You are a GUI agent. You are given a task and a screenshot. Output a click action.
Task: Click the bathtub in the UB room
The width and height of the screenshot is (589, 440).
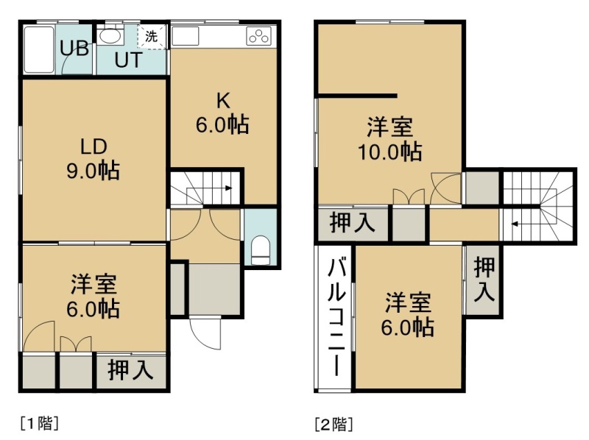39,49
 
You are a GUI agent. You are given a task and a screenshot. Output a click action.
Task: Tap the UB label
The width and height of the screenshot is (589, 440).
74,49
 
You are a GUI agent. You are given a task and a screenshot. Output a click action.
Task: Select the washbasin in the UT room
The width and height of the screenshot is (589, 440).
110,36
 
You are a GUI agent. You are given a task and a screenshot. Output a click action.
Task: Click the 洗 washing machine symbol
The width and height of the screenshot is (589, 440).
152,36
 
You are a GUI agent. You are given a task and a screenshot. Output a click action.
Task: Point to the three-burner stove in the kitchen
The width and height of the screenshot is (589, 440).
258,36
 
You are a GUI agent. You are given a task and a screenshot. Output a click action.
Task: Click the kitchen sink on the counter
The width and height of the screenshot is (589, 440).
186,36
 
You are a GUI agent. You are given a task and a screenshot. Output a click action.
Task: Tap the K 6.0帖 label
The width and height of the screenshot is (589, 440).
222,113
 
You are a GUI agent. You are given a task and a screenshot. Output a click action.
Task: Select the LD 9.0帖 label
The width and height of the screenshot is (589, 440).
94,158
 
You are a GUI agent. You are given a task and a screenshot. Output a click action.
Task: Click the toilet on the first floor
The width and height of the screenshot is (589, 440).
261,250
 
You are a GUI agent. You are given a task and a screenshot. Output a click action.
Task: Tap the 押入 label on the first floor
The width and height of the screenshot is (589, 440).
130,370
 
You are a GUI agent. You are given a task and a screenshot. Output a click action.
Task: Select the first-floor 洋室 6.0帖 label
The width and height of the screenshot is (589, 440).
94,297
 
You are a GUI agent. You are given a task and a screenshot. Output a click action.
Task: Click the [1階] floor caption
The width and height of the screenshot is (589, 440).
40,423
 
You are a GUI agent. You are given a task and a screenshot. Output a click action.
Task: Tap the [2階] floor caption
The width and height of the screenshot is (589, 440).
334,424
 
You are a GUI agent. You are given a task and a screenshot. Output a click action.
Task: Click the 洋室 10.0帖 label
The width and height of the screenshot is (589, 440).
390,139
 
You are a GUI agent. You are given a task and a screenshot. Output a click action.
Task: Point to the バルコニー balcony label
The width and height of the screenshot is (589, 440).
336,317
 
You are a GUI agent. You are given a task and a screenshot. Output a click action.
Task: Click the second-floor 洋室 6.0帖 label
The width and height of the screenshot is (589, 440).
408,315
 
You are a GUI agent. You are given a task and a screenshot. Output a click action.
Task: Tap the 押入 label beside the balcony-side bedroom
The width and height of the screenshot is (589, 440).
484,280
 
